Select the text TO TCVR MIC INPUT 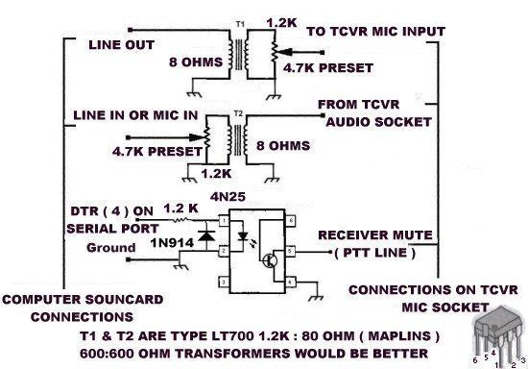375,32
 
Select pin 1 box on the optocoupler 224,222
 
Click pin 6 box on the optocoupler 287,222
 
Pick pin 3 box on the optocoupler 224,281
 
